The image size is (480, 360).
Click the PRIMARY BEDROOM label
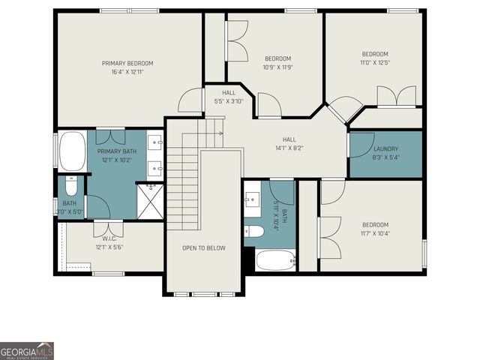click(x=127, y=63)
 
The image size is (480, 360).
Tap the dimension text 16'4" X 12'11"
click(x=127, y=73)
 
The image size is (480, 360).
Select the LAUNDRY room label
click(x=386, y=148)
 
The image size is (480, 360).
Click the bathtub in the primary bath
click(x=72, y=152)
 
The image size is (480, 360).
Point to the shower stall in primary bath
click(x=149, y=201)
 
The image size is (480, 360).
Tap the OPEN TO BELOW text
click(x=204, y=247)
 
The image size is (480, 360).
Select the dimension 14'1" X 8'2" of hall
click(x=289, y=148)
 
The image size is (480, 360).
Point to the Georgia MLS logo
click(x=27, y=351)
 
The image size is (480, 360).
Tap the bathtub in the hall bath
click(x=276, y=260)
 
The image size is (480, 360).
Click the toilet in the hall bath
click(x=254, y=231)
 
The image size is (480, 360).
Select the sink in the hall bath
click(x=252, y=199)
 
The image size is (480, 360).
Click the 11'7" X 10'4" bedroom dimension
click(x=375, y=233)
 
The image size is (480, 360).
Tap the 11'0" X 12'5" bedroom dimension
click(x=375, y=63)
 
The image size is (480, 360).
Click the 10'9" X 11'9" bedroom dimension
click(x=277, y=67)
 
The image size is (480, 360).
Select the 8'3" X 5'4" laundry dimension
click(x=386, y=157)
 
